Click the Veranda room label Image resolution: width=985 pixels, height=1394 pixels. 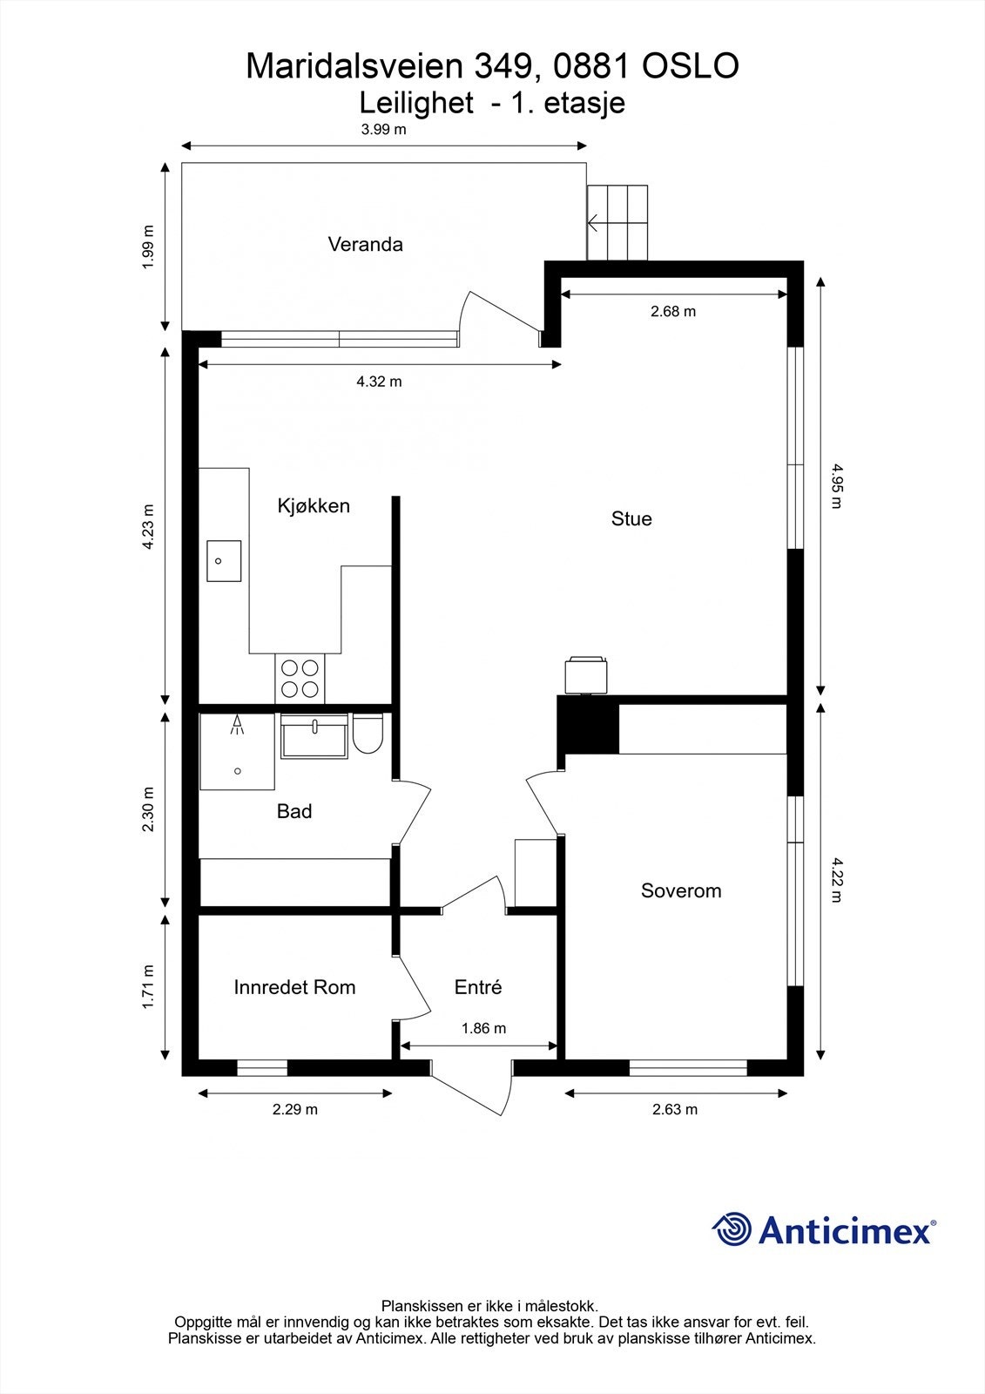[x=365, y=245]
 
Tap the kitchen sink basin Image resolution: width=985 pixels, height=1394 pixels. [x=224, y=561]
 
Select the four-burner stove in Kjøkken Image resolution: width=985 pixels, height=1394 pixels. [x=300, y=679]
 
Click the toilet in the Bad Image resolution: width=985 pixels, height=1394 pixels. [x=368, y=734]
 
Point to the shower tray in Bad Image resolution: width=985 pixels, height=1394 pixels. [x=237, y=752]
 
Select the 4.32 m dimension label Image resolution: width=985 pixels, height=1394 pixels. [x=379, y=382]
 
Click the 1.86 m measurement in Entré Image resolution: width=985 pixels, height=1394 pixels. [x=483, y=1028]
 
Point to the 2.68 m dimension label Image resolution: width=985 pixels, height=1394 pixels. [x=672, y=311]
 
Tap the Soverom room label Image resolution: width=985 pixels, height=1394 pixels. [x=681, y=890]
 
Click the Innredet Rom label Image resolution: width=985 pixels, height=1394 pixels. [x=294, y=987]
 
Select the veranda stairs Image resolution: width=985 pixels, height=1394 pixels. [x=617, y=222]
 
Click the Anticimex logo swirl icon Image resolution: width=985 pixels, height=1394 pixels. [x=732, y=1229]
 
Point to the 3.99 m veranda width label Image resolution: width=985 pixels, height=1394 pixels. [x=383, y=130]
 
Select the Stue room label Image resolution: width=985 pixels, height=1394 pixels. [x=631, y=519]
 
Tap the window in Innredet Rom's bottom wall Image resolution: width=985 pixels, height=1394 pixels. [x=262, y=1067]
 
